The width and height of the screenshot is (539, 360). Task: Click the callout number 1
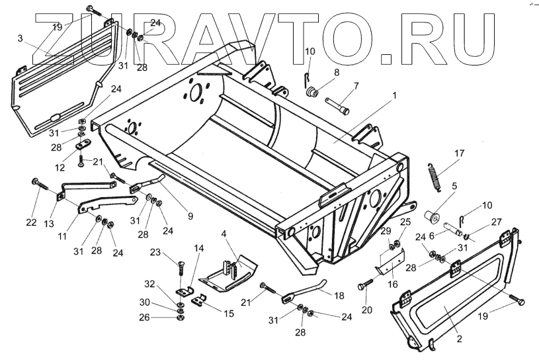(x=394, y=95)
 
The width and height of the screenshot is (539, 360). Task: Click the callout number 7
(x=356, y=85)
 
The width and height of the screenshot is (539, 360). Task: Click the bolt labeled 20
(x=364, y=286)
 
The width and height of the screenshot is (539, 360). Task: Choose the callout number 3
(x=21, y=40)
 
